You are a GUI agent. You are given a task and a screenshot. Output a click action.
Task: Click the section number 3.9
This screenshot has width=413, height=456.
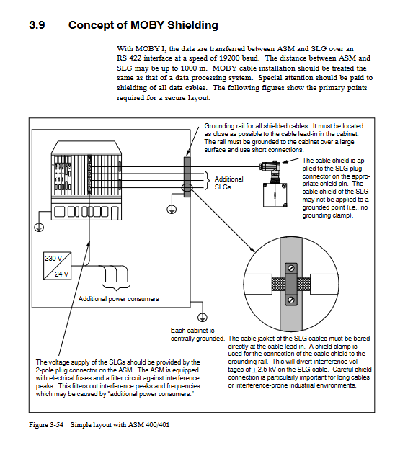(37, 25)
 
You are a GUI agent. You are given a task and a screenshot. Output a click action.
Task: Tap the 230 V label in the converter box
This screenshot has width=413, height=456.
(53, 258)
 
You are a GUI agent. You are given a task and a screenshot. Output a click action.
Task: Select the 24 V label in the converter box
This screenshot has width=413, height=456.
(61, 274)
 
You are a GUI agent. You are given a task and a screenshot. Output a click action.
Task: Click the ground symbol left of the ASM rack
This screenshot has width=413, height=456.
(39, 226)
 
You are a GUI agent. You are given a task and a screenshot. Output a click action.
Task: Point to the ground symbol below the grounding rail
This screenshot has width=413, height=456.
(172, 209)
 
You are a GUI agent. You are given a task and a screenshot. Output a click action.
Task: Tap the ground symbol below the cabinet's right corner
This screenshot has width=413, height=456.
(203, 317)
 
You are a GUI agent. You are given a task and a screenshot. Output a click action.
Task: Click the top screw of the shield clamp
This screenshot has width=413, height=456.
(291, 267)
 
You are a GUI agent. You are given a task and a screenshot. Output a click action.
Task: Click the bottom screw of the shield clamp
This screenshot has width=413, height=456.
(291, 300)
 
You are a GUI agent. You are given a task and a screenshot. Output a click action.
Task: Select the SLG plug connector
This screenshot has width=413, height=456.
(270, 167)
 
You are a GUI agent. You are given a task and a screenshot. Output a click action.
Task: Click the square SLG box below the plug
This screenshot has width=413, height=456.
(275, 195)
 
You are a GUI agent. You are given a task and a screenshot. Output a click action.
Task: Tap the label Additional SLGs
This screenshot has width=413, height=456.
(228, 183)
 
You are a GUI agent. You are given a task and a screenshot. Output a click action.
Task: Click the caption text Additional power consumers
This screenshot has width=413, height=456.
(119, 299)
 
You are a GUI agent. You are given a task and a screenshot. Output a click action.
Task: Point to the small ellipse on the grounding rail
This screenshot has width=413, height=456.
(187, 187)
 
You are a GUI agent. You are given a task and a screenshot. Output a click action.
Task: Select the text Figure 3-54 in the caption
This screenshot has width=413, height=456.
(46, 424)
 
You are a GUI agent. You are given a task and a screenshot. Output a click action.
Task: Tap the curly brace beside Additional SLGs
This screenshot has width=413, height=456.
(208, 180)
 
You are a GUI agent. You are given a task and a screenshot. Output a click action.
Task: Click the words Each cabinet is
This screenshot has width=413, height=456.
(192, 331)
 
